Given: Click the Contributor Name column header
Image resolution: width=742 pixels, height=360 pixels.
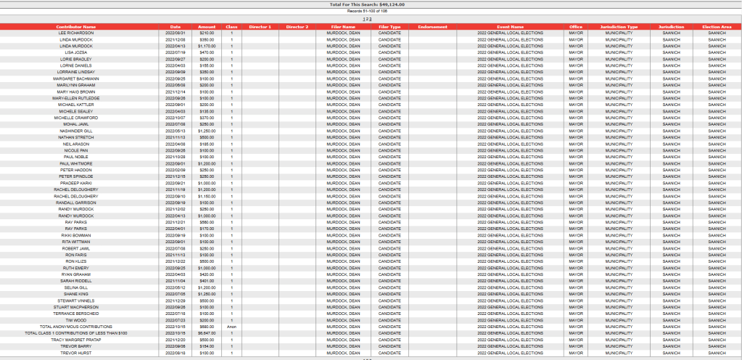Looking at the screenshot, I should pyautogui.click(x=76, y=27).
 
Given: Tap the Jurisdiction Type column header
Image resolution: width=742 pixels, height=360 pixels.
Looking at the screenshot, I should pyautogui.click(x=619, y=27).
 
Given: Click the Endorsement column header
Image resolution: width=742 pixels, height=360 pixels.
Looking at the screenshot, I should pyautogui.click(x=433, y=27).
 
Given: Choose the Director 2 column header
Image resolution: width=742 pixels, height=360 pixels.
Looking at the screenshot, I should pyautogui.click(x=297, y=27).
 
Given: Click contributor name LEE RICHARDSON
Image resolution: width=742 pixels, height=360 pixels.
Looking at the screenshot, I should pyautogui.click(x=76, y=33).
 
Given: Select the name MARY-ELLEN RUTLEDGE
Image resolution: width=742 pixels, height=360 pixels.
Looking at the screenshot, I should pyautogui.click(x=76, y=98).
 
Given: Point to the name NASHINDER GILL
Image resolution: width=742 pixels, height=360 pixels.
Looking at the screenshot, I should pyautogui.click(x=76, y=131).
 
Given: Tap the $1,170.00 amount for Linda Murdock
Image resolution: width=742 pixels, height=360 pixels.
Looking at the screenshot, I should pyautogui.click(x=207, y=46).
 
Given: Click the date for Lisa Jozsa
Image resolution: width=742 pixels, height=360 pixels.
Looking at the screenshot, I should pyautogui.click(x=176, y=52).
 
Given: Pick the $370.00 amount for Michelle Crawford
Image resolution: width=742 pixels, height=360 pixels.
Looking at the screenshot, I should pyautogui.click(x=207, y=118).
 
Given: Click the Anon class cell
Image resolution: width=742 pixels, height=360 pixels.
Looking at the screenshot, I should pyautogui.click(x=231, y=327).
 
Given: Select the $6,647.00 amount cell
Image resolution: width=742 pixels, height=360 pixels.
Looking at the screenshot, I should pyautogui.click(x=207, y=333).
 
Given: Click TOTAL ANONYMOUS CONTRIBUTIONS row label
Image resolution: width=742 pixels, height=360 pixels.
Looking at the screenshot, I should pyautogui.click(x=76, y=327).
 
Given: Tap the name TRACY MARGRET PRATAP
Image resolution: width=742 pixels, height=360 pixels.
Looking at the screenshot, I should pyautogui.click(x=76, y=340).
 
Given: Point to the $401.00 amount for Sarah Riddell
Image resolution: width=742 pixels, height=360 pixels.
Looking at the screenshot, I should pyautogui.click(x=207, y=281).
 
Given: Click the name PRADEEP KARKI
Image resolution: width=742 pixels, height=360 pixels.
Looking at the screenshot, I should pyautogui.click(x=76, y=183).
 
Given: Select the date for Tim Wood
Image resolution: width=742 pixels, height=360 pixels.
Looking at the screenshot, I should pyautogui.click(x=176, y=320).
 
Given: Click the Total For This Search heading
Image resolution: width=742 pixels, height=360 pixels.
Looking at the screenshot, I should pyautogui.click(x=371, y=4).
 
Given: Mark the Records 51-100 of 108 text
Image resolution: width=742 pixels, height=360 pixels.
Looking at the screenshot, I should pyautogui.click(x=371, y=12).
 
